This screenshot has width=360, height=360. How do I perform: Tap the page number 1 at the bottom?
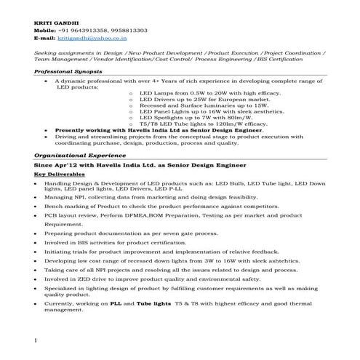pyautogui.click(x=35, y=340)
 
